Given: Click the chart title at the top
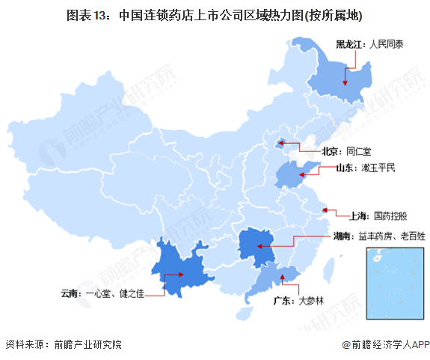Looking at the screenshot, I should pyautogui.click(x=215, y=15).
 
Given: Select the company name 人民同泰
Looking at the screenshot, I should pyautogui.click(x=385, y=44).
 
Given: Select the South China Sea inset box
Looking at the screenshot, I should pyautogui.click(x=392, y=284).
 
